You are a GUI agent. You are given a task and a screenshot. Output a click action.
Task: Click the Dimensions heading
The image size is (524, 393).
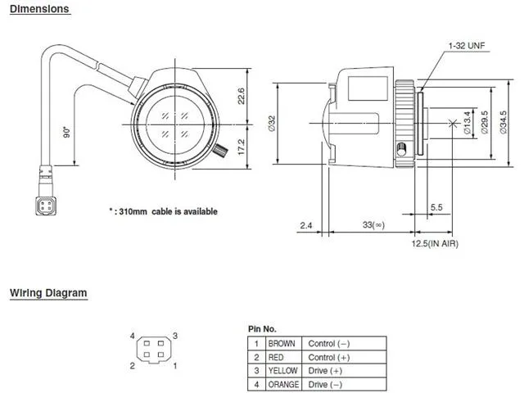[39, 9]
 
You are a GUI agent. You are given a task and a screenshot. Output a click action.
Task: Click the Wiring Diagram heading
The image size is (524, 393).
[48, 293]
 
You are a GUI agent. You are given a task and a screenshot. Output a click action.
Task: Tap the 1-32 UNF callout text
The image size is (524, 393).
[467, 46]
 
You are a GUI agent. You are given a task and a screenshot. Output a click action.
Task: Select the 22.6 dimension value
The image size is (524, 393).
[242, 96]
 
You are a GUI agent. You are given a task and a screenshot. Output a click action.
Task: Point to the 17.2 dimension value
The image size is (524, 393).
[242, 147]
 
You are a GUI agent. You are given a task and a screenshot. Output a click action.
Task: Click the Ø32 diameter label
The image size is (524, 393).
[272, 124]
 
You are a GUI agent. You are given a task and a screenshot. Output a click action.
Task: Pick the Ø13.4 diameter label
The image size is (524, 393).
[467, 123]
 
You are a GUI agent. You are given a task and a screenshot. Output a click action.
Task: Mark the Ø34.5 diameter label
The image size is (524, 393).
[504, 123]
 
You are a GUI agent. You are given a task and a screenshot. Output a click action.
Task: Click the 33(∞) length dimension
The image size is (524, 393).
[373, 224]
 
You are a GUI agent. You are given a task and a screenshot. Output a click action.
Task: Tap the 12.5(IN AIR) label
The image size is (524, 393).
[435, 243]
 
